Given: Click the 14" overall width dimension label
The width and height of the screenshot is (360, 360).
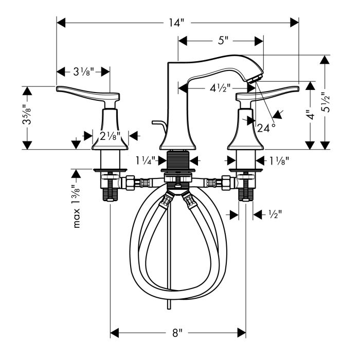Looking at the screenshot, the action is pyautogui.click(x=176, y=23).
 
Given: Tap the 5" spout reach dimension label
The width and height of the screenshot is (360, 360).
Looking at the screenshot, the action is pyautogui.click(x=223, y=41).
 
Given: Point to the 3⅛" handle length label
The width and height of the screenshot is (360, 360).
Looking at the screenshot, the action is pyautogui.click(x=84, y=72).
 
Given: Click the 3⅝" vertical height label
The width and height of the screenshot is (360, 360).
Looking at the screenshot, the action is pyautogui.click(x=27, y=114).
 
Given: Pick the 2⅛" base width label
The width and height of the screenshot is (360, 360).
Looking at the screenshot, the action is pyautogui.click(x=110, y=136).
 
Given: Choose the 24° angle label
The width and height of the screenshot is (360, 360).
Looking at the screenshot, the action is pyautogui.click(x=266, y=128).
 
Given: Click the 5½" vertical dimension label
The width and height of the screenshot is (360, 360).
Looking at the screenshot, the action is pyautogui.click(x=326, y=102).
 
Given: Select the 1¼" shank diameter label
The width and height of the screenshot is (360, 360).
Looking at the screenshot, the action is pyautogui.click(x=146, y=160).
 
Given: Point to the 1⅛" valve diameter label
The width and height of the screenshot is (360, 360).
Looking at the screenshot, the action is pyautogui.click(x=279, y=161).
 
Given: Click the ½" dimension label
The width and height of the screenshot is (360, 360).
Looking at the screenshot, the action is pyautogui.click(x=275, y=214).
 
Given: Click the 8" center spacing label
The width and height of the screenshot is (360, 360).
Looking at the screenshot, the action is pyautogui.click(x=177, y=333).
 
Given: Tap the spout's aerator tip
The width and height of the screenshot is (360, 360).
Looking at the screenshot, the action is pyautogui.click(x=255, y=79).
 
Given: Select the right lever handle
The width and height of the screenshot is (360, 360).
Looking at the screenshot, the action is pyautogui.click(x=268, y=93).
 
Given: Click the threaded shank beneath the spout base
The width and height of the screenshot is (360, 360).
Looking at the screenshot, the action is pyautogui.click(x=178, y=160).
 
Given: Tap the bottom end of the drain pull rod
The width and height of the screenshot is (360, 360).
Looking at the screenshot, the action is pyautogui.click(x=169, y=309).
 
